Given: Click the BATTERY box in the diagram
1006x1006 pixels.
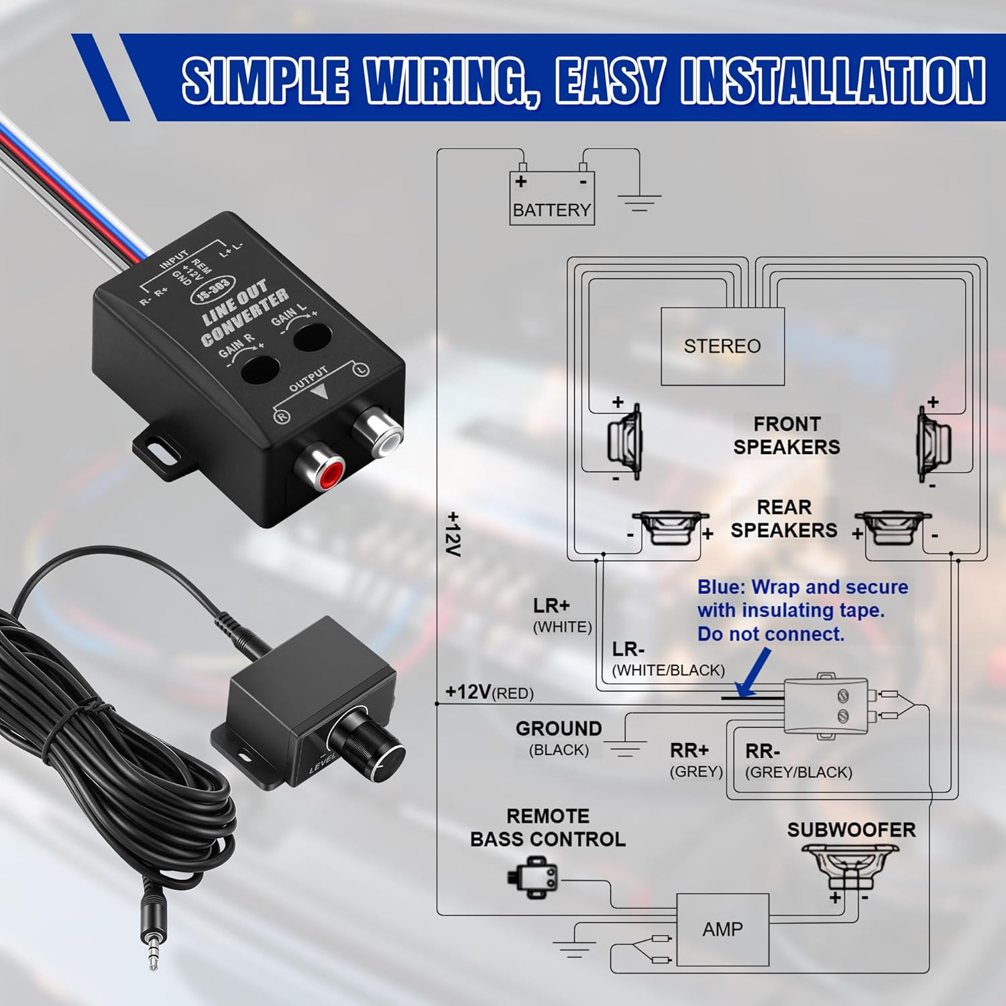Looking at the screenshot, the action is pyautogui.click(x=551, y=199).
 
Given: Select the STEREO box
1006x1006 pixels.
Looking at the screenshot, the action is pyautogui.click(x=722, y=346).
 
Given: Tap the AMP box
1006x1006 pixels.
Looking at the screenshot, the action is pyautogui.click(x=722, y=930).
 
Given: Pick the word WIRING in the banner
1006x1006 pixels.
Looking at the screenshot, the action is pyautogui.click(x=443, y=81).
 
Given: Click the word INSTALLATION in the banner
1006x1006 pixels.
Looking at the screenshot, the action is pyautogui.click(x=832, y=81).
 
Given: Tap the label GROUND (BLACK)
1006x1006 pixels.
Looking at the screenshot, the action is pyautogui.click(x=558, y=738).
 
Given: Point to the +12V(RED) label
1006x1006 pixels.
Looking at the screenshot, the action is pyautogui.click(x=490, y=692).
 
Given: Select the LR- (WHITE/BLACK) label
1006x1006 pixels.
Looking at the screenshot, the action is pyautogui.click(x=668, y=659).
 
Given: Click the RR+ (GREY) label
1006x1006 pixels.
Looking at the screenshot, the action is pyautogui.click(x=695, y=760).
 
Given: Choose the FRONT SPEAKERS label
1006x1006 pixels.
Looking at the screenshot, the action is pyautogui.click(x=786, y=435).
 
